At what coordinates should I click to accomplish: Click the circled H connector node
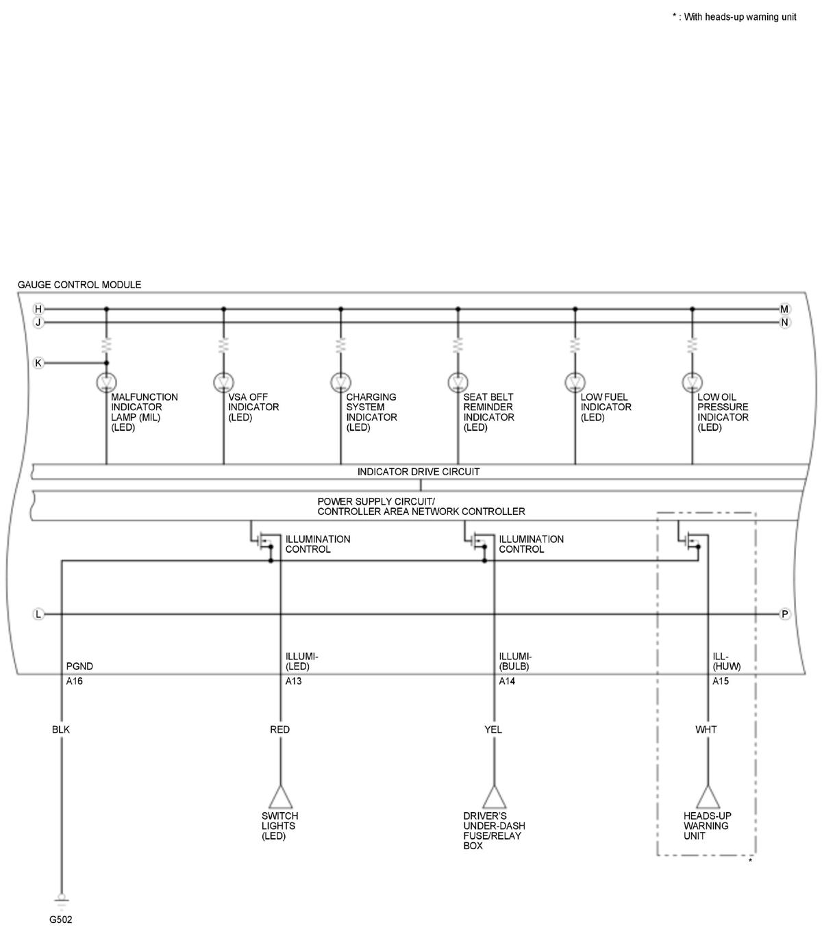(x=38, y=309)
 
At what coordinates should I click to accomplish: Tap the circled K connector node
(x=38, y=363)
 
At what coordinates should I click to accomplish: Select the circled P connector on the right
(x=784, y=614)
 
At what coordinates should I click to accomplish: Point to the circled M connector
(x=784, y=309)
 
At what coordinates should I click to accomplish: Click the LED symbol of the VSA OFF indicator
(x=223, y=382)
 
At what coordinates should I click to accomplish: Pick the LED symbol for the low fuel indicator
(x=575, y=382)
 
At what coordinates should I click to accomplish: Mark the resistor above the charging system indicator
(x=340, y=345)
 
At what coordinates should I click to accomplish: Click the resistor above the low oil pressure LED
(x=692, y=345)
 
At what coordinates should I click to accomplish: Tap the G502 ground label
(x=60, y=920)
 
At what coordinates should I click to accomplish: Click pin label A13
(x=293, y=681)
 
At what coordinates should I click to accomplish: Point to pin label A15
(x=721, y=681)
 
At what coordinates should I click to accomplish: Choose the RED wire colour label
(x=279, y=730)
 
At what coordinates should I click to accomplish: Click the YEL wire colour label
(x=493, y=730)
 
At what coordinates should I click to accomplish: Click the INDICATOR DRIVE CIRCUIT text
(x=418, y=472)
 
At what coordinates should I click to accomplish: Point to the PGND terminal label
(x=79, y=666)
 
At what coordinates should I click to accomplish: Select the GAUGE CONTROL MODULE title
(x=79, y=284)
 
